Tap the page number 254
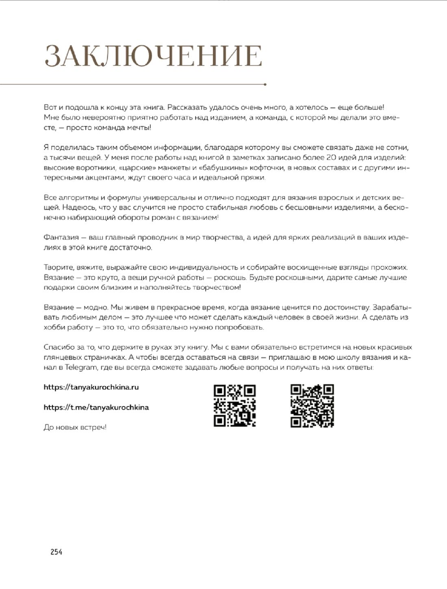pyautogui.click(x=56, y=552)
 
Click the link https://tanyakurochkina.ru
pyautogui.click(x=91, y=387)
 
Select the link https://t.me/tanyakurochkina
pyautogui.click(x=96, y=407)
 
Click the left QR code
pyautogui.click(x=234, y=406)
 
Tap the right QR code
pyautogui.click(x=312, y=406)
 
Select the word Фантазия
pyautogui.click(x=61, y=237)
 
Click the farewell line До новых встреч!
pyautogui.click(x=75, y=427)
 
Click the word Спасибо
pyautogui.click(x=59, y=347)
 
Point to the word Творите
pyautogui.click(x=57, y=267)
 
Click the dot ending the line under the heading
pyautogui.click(x=265, y=85)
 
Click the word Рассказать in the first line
pyautogui.click(x=187, y=107)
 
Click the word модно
pyautogui.click(x=95, y=307)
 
